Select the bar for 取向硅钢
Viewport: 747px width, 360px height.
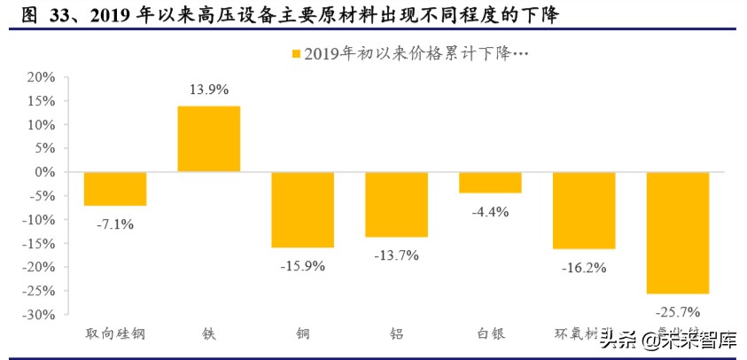[x=115, y=189]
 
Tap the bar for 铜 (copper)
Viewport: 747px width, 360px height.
[x=302, y=209]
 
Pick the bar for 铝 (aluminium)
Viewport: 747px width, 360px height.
[x=396, y=205]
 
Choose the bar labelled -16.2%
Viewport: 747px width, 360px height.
[x=584, y=210]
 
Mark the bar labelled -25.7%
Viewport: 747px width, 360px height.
[x=678, y=232]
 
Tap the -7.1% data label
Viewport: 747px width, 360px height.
[x=115, y=224]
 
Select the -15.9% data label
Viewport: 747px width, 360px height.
[x=302, y=265]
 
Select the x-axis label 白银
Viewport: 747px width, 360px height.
[x=490, y=334]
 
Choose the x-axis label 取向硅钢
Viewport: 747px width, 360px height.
[x=115, y=334]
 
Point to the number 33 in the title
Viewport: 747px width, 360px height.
[x=56, y=15]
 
